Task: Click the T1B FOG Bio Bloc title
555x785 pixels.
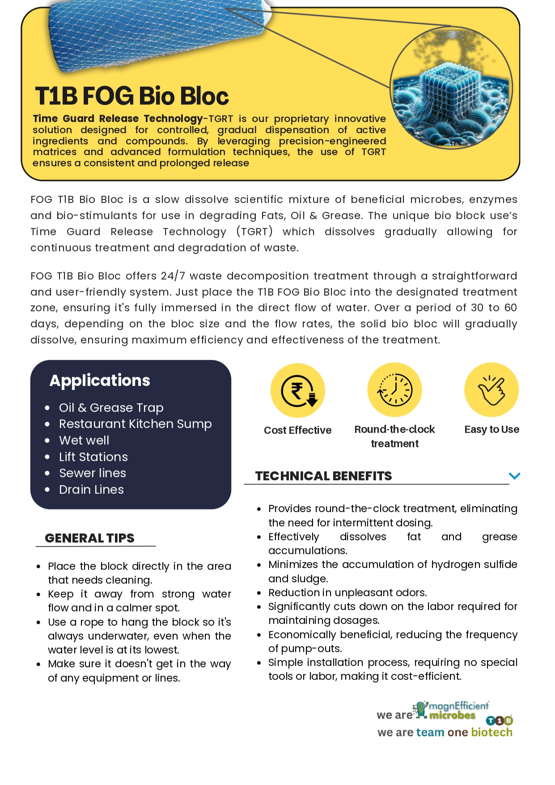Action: tap(132, 96)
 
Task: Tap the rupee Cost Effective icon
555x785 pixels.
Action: tap(297, 390)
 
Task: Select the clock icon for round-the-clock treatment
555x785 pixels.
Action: tap(394, 390)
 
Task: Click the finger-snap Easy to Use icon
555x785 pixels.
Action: tap(491, 390)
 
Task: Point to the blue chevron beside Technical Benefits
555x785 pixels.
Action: tap(514, 476)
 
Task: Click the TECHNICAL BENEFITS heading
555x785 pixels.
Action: tap(323, 476)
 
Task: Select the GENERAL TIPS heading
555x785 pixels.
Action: tap(89, 538)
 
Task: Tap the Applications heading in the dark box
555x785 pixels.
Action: tap(100, 380)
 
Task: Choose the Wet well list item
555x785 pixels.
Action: tap(84, 441)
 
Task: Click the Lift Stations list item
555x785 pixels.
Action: tap(93, 457)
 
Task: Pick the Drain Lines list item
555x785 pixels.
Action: tap(91, 490)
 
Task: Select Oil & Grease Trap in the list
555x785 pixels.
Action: tap(111, 408)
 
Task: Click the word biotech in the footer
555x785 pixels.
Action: tap(491, 732)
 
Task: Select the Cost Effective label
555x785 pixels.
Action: tap(297, 430)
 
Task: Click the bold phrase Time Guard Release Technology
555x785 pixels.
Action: tap(118, 119)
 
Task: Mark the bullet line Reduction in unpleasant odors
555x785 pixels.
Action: tap(347, 593)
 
